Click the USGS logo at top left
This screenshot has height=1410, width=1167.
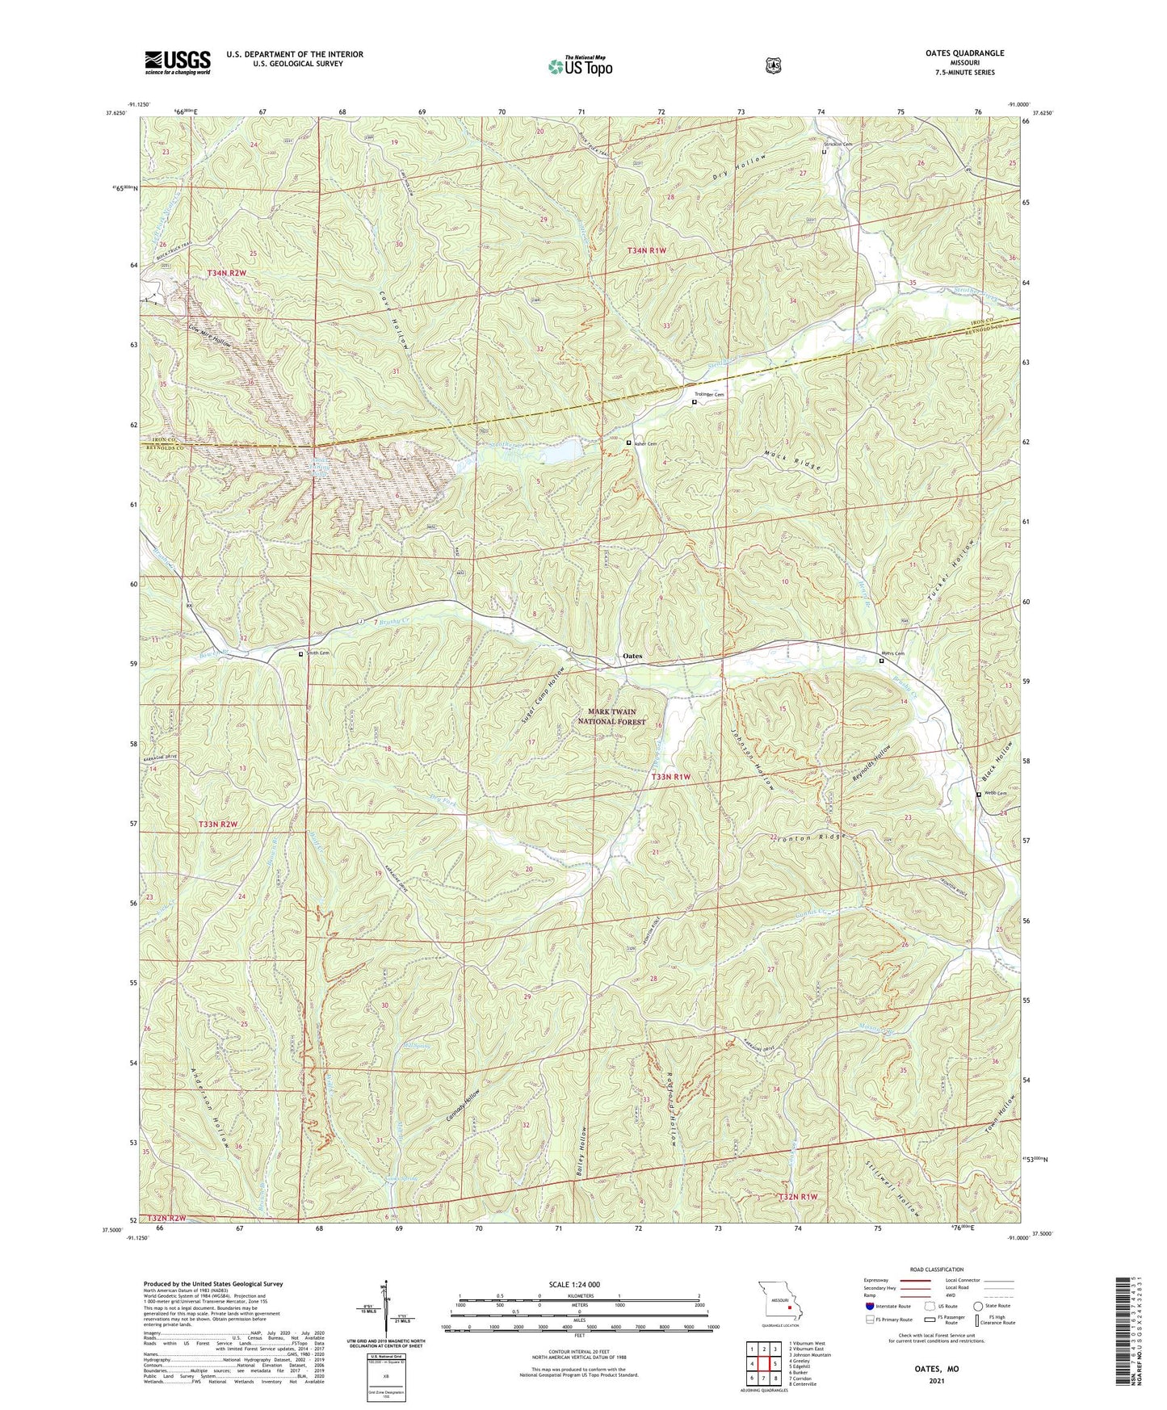(x=178, y=62)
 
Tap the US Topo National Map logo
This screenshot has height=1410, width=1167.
(x=579, y=65)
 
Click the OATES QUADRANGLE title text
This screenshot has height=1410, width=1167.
(x=960, y=53)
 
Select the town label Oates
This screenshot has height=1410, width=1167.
(x=632, y=656)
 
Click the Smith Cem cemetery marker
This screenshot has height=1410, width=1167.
(x=301, y=654)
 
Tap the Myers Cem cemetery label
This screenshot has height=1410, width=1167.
(x=892, y=653)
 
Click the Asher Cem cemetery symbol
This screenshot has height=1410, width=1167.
(x=629, y=443)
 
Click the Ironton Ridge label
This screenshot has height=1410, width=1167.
(x=804, y=837)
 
